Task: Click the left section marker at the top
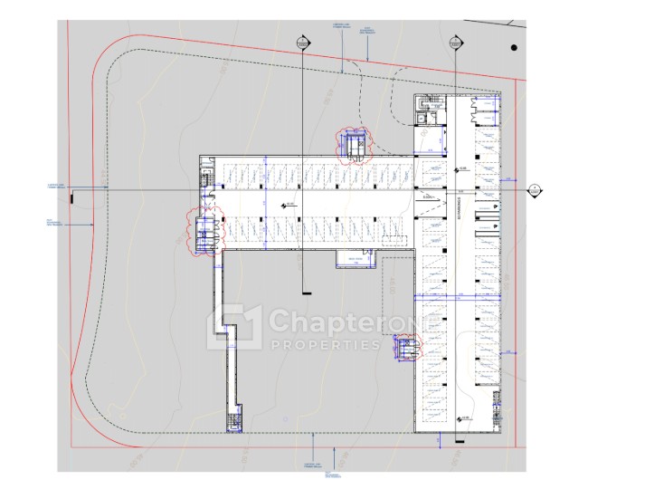[x=303, y=43]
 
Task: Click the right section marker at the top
[x=452, y=43]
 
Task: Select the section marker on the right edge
[x=535, y=190]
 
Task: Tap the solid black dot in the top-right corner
[x=513, y=47]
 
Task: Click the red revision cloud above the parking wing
[x=352, y=145]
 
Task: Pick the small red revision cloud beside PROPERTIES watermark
[x=404, y=347]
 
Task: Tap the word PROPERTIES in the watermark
[x=326, y=345]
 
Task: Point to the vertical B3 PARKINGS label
[x=460, y=207]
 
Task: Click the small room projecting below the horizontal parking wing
[x=355, y=260]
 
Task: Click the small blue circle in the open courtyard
[x=285, y=419]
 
